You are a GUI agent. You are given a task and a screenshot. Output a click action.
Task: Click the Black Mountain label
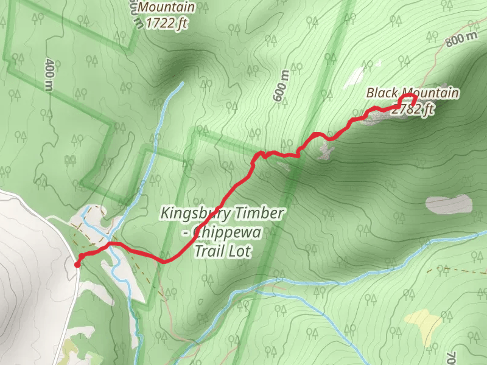[x=413, y=93]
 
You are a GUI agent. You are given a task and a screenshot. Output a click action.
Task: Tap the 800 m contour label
[x=461, y=39]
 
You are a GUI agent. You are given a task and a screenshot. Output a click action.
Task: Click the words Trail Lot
[x=222, y=250]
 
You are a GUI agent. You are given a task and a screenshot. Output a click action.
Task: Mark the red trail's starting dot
[x=77, y=265]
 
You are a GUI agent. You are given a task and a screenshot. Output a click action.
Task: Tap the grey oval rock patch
[x=449, y=204]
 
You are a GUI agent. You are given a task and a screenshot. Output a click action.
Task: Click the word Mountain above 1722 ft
[x=167, y=7]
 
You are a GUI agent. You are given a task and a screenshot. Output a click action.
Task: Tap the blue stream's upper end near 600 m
[x=181, y=83]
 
